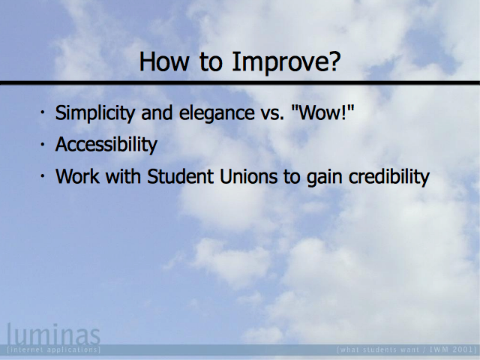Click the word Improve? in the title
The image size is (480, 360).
286,61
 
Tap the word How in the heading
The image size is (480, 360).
163,61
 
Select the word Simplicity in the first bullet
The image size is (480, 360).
95,113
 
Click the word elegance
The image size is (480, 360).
217,113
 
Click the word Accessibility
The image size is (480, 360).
106,144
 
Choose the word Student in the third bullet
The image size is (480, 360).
180,176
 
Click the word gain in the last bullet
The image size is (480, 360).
324,178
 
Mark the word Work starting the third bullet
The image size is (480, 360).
77,176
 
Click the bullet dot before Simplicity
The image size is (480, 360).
43,112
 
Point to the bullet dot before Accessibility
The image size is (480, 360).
43,144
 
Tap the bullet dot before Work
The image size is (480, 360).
43,175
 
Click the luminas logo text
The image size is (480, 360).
53,334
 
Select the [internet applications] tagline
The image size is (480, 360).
53,349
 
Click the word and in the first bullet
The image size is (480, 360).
157,113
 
